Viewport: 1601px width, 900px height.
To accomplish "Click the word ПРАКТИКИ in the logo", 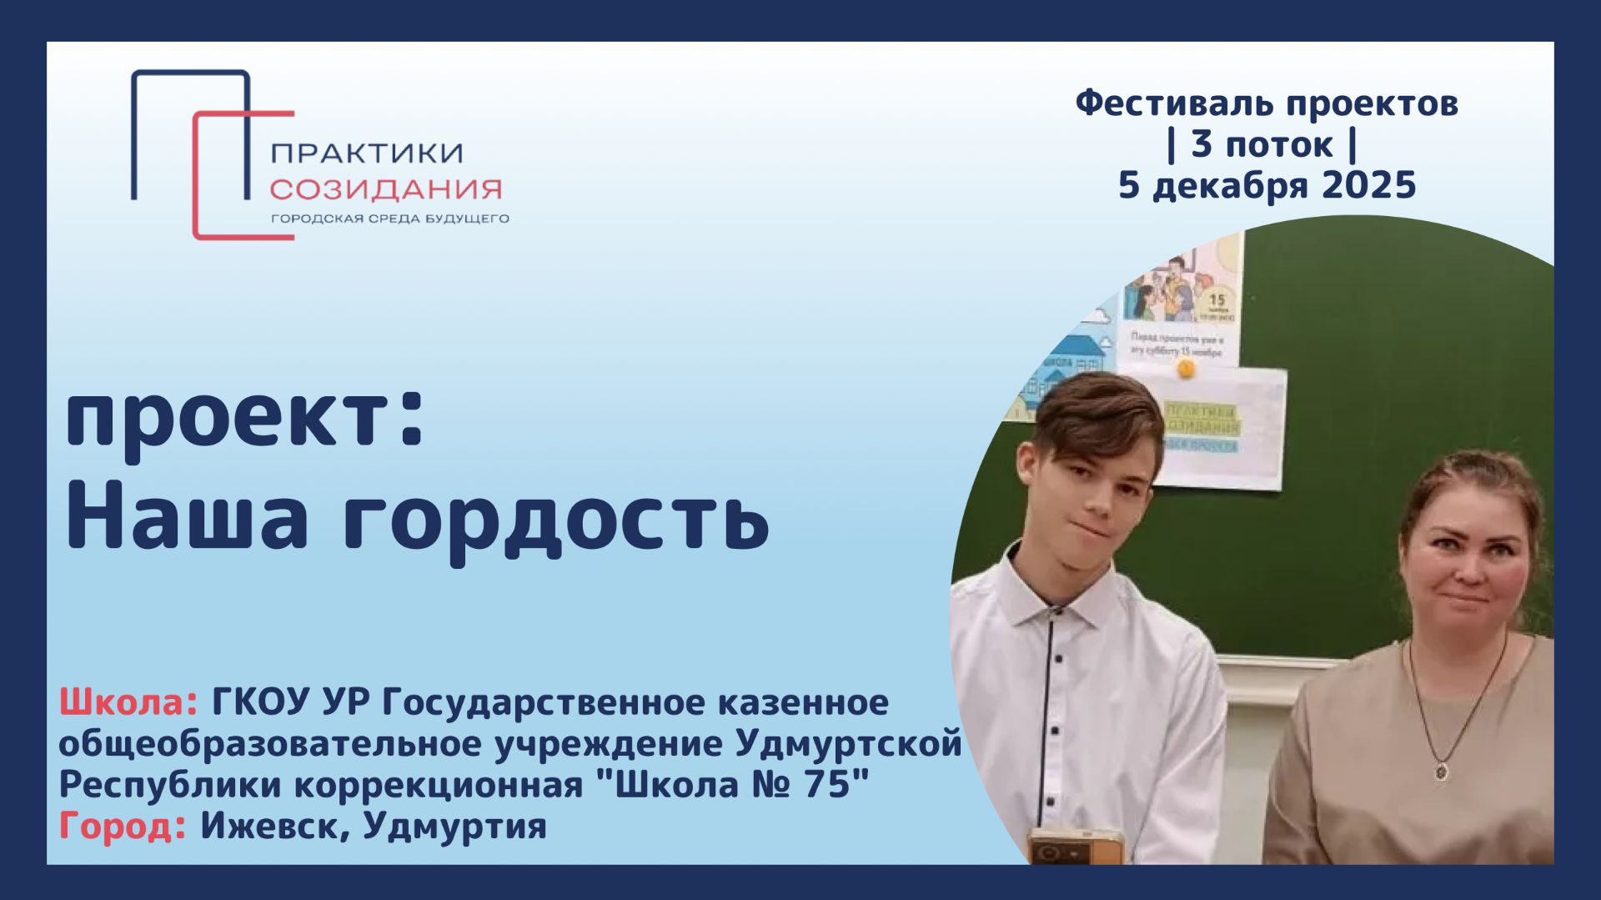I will (367, 153).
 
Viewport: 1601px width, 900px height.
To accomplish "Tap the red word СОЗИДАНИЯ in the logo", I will (385, 189).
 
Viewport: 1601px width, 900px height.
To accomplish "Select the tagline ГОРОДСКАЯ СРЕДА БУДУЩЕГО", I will (389, 219).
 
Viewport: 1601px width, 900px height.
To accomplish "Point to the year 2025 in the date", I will (1369, 185).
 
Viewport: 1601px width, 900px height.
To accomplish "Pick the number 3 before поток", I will (1201, 144).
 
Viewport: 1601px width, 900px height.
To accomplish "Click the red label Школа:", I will (128, 703).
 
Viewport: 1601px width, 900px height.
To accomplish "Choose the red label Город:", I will (123, 827).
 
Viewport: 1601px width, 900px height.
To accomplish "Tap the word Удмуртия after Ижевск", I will (455, 827).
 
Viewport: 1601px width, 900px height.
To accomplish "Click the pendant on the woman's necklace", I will (1441, 771).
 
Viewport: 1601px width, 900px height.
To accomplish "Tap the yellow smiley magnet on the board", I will (1185, 368).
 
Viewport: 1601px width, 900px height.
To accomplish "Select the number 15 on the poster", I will (1217, 299).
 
